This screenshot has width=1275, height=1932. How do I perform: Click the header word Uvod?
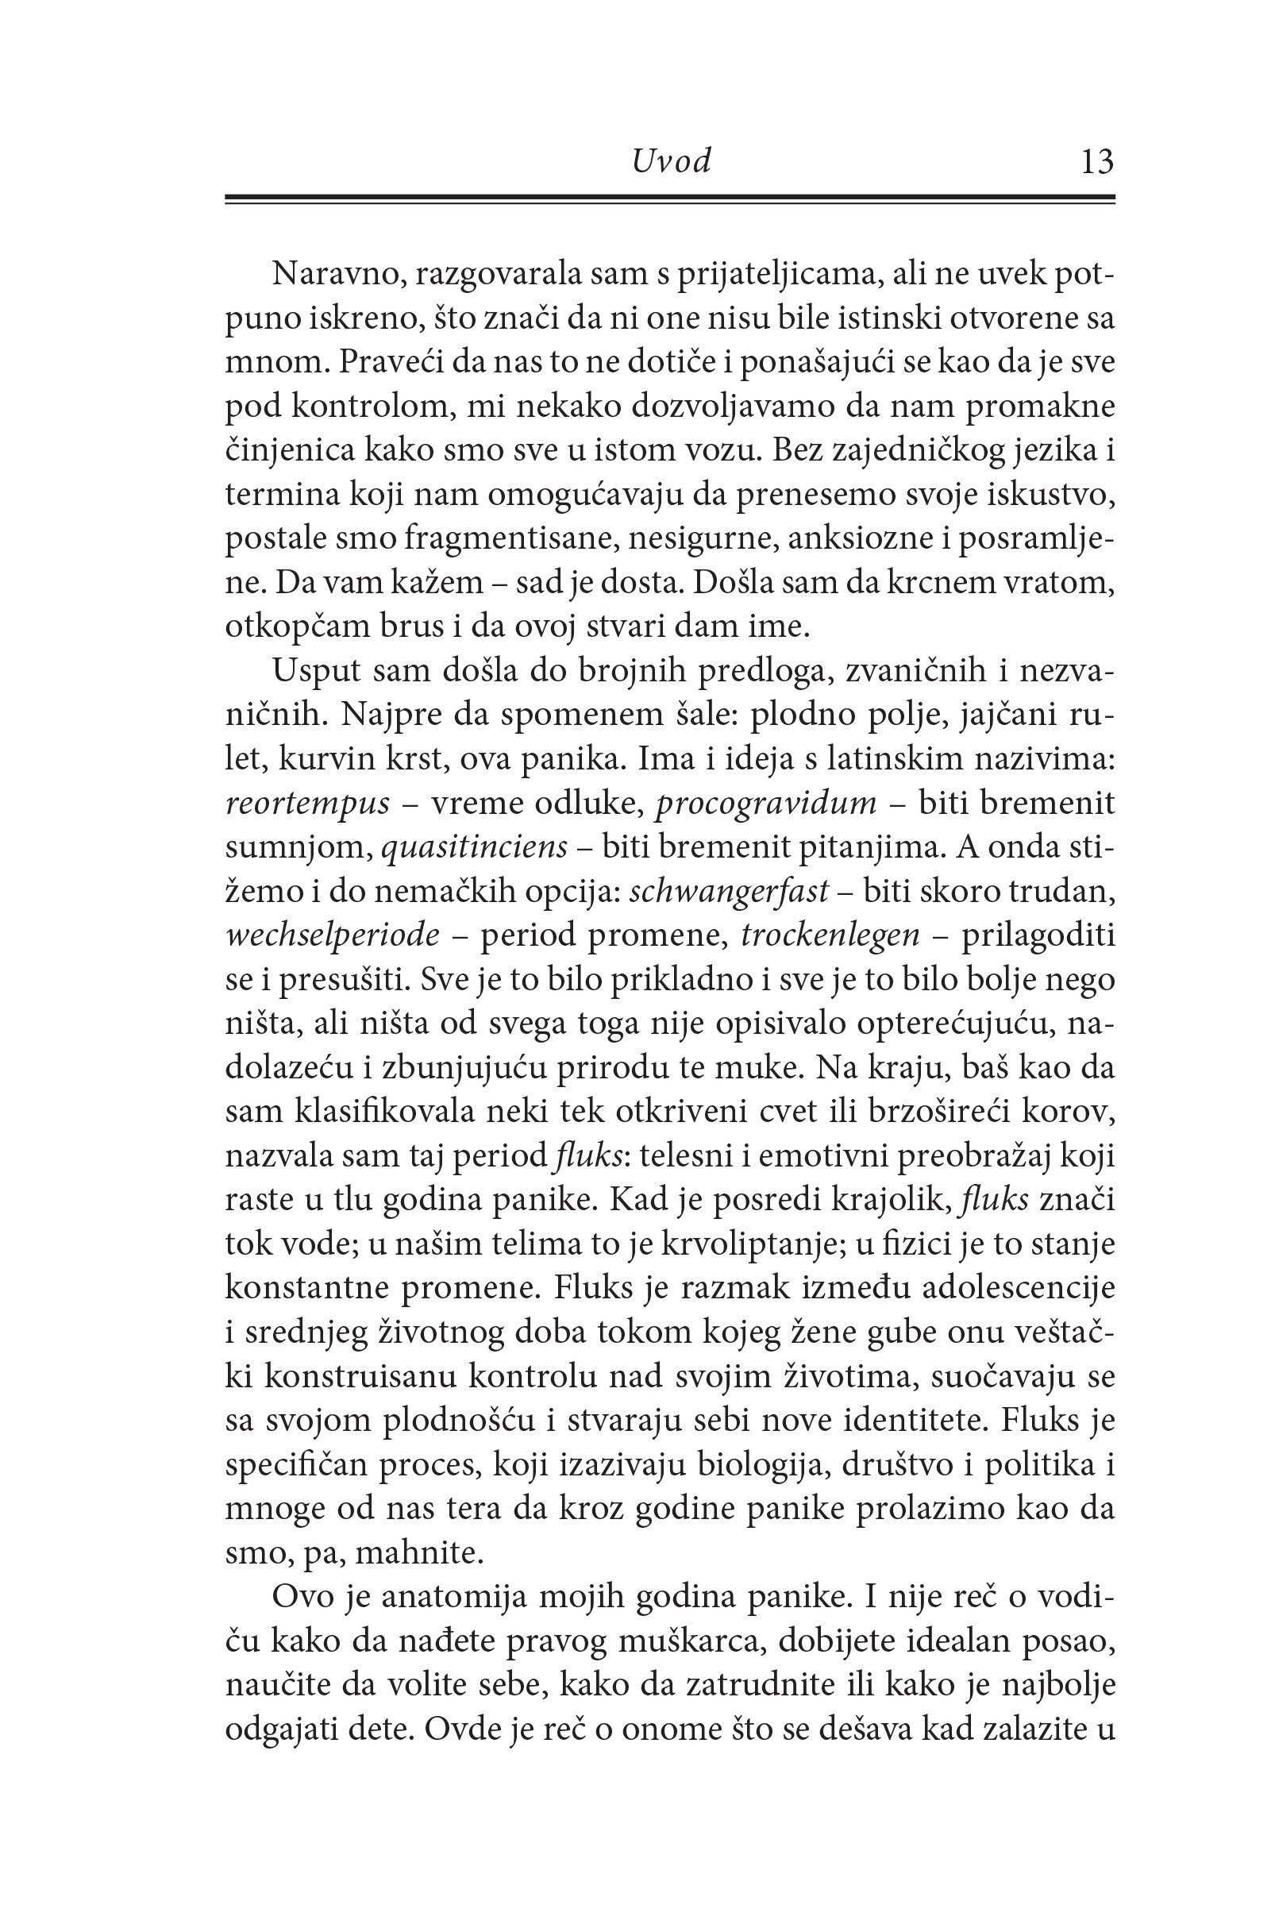point(671,162)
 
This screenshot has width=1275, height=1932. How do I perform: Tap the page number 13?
point(1097,162)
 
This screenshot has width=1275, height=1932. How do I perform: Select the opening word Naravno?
point(337,274)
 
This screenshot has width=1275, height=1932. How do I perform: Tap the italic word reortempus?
point(307,804)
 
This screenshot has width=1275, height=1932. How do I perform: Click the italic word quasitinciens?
point(474,847)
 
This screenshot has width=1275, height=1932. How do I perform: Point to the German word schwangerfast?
point(730,891)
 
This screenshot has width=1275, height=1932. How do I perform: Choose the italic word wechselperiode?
point(333,935)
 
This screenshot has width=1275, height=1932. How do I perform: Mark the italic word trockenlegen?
point(830,935)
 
